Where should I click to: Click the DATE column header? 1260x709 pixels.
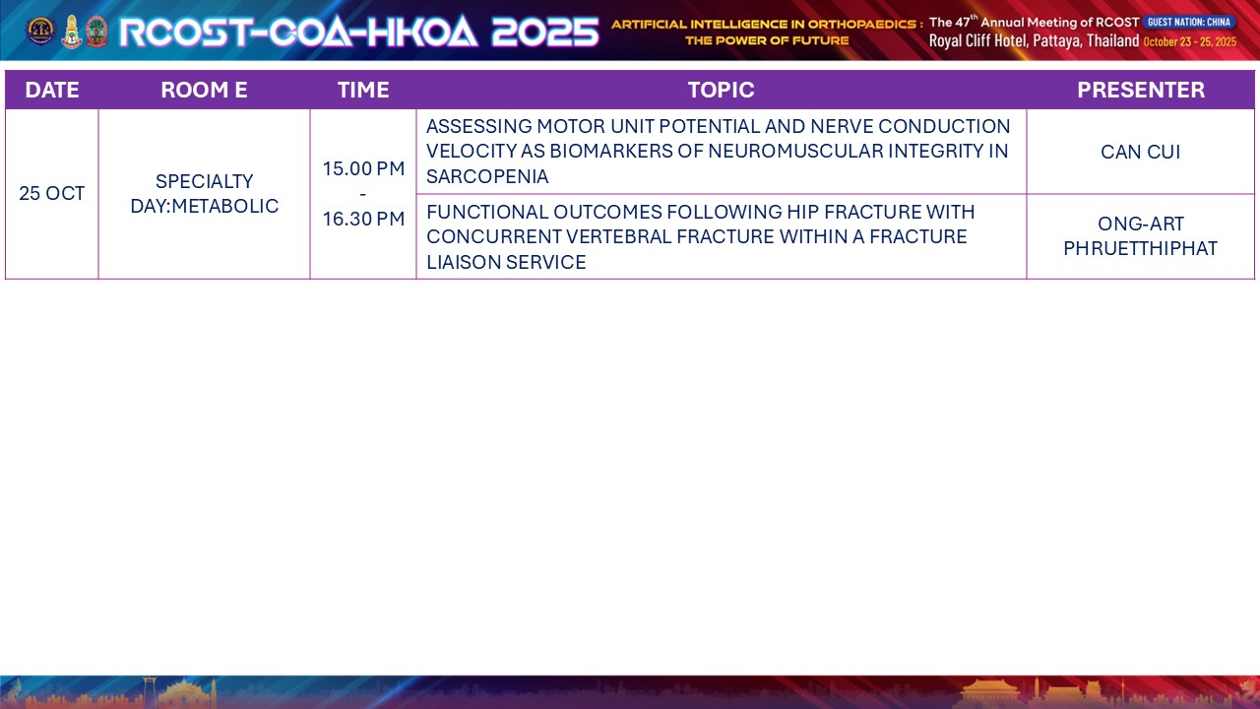[52, 90]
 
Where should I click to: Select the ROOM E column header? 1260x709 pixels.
[204, 90]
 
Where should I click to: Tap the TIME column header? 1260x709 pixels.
[363, 90]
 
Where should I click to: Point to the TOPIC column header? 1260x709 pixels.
[722, 90]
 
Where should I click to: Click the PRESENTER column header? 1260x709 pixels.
[1141, 90]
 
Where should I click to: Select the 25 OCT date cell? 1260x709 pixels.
[52, 194]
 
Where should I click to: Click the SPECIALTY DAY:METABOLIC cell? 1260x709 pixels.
[204, 194]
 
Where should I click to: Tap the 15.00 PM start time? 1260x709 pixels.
[363, 168]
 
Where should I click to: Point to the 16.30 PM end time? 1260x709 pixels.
[363, 219]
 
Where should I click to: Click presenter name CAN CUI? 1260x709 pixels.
[1141, 152]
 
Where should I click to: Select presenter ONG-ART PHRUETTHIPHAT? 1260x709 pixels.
[1141, 235]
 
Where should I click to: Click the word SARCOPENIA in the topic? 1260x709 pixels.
[487, 176]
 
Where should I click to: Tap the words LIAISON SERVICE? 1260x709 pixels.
[506, 262]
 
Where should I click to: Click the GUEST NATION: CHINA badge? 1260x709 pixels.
[1189, 22]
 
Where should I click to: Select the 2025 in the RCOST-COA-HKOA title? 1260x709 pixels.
[545, 32]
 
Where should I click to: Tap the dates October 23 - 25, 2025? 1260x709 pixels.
[1190, 41]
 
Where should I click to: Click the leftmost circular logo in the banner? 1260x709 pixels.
[40, 31]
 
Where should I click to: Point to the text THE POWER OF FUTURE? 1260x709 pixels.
[767, 40]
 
